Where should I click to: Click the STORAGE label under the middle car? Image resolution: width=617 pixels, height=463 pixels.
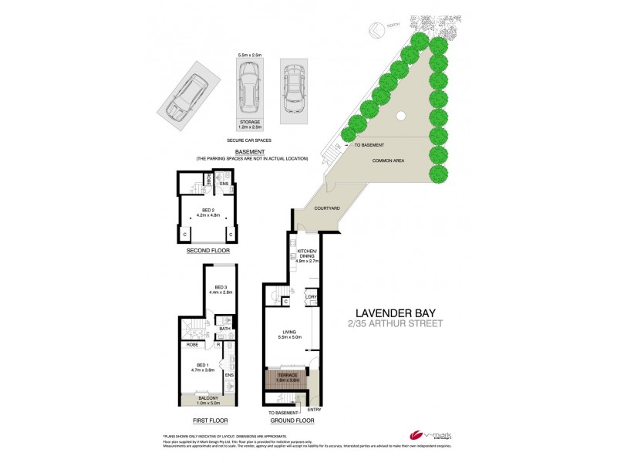[x=248, y=122]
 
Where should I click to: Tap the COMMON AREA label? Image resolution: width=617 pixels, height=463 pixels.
[x=389, y=161]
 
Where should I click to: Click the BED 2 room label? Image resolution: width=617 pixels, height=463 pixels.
[x=208, y=209]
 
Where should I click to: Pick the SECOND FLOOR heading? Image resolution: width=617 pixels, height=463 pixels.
[x=208, y=252]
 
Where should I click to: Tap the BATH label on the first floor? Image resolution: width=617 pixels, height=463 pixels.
[x=224, y=328]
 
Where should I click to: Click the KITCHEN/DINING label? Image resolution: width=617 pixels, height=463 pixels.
[x=307, y=255]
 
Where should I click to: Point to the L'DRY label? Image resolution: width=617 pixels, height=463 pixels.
[x=312, y=297]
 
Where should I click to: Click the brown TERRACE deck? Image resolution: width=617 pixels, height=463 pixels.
[x=288, y=379]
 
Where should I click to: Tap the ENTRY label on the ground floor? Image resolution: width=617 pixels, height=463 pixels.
[x=314, y=409]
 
